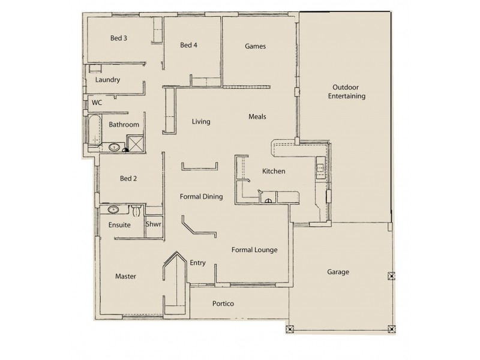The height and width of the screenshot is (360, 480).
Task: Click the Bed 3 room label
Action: coord(118,38)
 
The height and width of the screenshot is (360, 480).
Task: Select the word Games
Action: coord(255,46)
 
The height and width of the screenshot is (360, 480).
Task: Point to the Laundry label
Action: coord(108,79)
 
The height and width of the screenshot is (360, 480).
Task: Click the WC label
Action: coord(97,103)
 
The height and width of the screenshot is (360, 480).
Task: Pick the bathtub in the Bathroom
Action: coord(92,131)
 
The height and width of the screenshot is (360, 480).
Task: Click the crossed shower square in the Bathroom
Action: coord(136,143)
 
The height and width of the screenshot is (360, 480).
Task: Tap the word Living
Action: coord(201,122)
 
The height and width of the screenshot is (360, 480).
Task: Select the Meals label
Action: coord(257,116)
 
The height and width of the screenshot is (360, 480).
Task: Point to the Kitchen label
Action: coord(274,172)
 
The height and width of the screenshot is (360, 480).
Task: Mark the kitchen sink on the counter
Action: coord(321,169)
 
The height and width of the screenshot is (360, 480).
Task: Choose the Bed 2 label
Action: coord(130,178)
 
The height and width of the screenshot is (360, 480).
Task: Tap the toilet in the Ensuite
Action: coord(136,211)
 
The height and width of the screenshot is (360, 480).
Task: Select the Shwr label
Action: coord(153,224)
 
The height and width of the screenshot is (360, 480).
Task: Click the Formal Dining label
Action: coord(202,196)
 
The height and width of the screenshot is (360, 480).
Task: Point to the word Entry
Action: coord(198,262)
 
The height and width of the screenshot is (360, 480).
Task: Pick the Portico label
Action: coord(223,304)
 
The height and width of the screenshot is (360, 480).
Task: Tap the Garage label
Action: coord(338,272)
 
